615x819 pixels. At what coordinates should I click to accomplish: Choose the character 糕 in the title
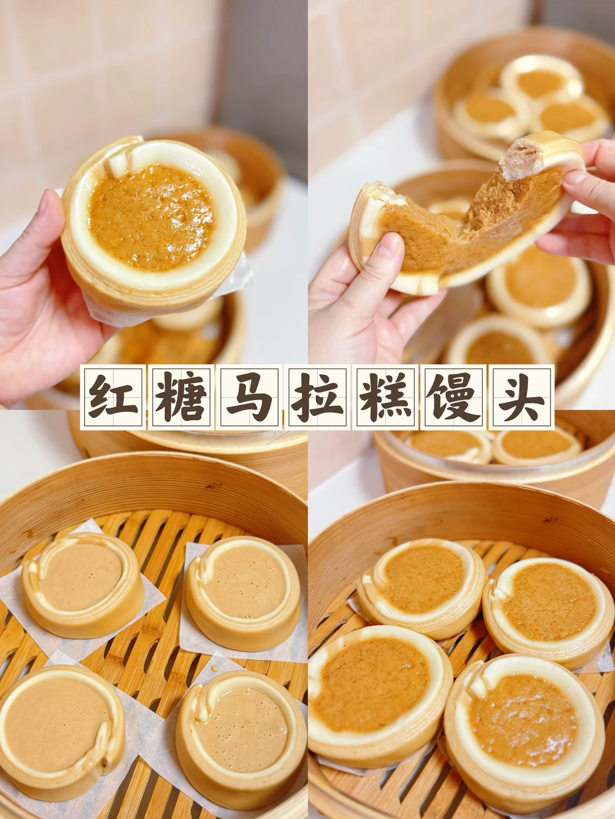[386, 396]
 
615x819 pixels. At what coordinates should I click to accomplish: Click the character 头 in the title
[522, 396]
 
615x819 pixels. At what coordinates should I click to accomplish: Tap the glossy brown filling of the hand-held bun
[151, 213]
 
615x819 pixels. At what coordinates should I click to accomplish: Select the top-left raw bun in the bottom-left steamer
[83, 584]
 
